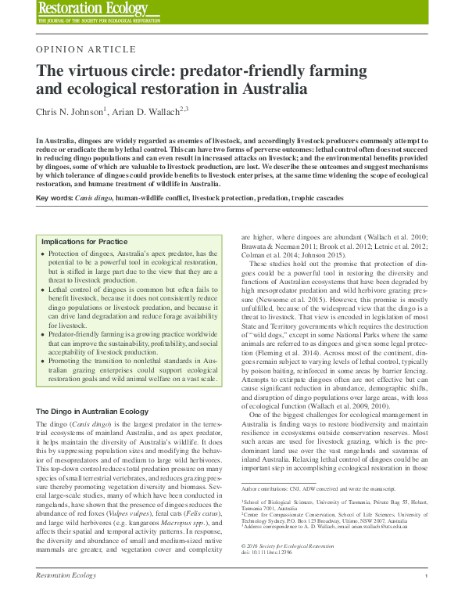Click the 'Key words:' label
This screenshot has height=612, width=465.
coord(52,199)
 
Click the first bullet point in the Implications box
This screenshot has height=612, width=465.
coord(42,256)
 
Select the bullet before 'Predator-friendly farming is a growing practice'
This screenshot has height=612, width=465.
coord(42,335)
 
